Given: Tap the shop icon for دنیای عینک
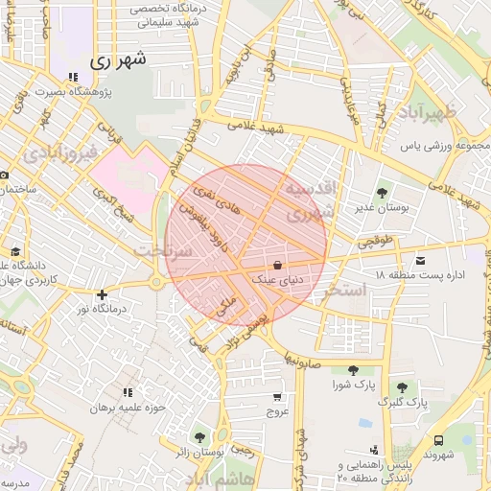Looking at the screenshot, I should (x=278, y=265).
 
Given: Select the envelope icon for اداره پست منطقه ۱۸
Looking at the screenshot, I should (x=420, y=259).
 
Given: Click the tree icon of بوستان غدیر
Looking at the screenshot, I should (x=384, y=191).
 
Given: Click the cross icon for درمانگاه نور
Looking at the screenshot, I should (x=103, y=294).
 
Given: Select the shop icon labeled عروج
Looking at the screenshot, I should (x=277, y=396).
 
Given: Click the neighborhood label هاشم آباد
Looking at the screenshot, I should (x=220, y=477).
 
